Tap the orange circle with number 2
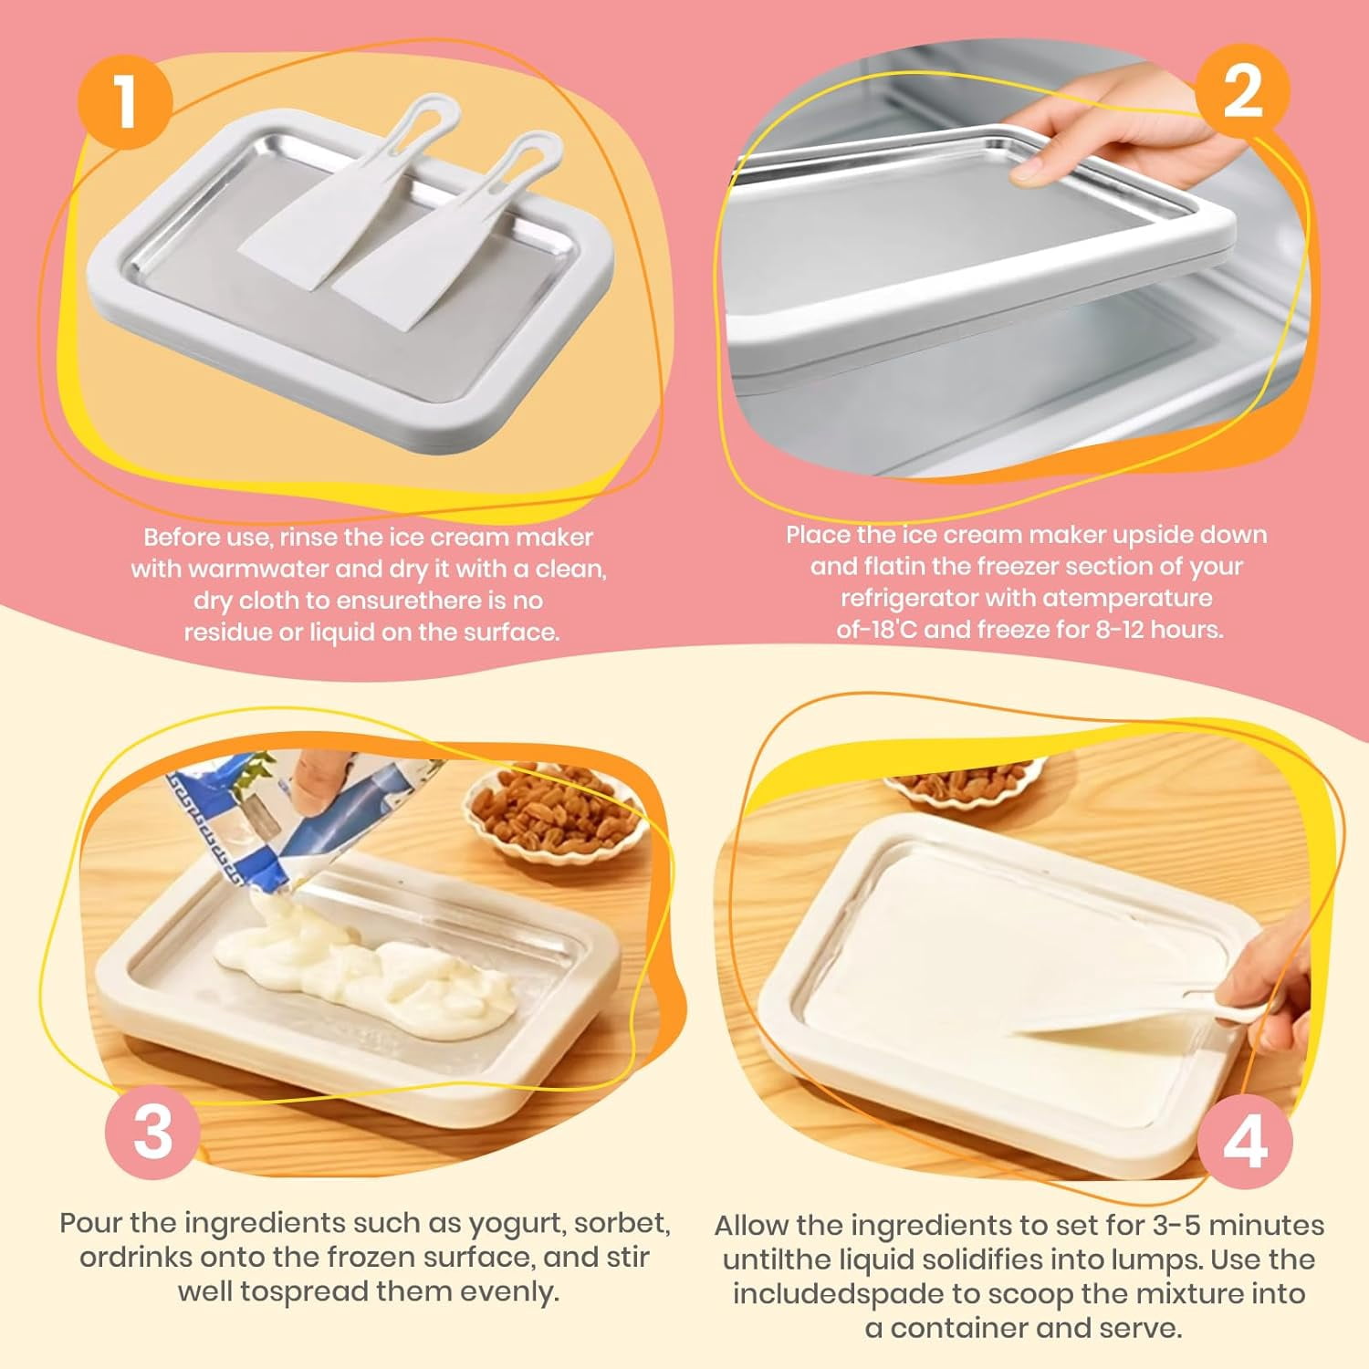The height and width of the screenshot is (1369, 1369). pyautogui.click(x=1243, y=90)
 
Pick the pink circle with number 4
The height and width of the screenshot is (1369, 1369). pyautogui.click(x=1245, y=1141)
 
